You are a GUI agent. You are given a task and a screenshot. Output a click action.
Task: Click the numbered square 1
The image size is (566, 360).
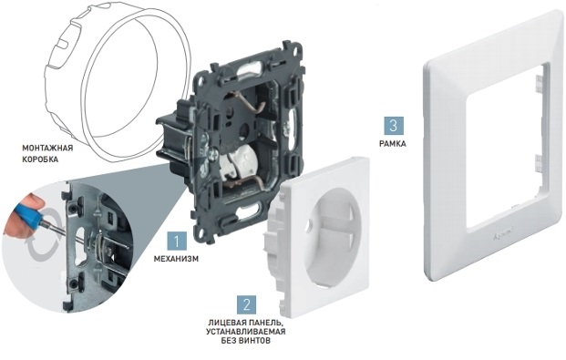pos(177,242)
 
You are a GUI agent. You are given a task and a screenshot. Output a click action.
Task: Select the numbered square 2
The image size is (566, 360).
pos(246,304)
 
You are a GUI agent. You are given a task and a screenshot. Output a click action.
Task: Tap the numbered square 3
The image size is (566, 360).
pos(394,126)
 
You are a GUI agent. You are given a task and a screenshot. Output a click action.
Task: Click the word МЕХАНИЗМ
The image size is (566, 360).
pos(176,259)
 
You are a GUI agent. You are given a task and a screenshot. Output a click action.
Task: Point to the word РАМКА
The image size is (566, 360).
pos(393,144)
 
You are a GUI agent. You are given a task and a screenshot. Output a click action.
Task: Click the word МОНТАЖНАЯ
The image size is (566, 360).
pos(47,148)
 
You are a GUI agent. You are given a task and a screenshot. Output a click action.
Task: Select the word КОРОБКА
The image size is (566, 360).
pos(40,159)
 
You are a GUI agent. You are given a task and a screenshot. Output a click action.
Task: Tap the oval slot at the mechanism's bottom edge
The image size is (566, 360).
pos(250,211)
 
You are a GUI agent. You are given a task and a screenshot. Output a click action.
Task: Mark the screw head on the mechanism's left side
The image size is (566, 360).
pos(211,155)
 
